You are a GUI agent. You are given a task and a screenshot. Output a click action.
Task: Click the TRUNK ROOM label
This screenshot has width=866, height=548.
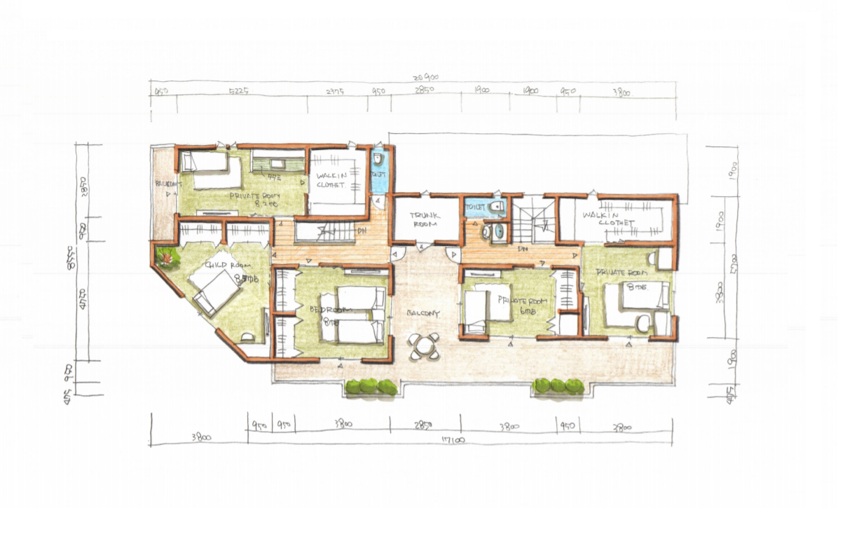pos(425,219)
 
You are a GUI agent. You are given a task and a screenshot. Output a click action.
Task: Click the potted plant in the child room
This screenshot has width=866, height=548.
pos(167,259)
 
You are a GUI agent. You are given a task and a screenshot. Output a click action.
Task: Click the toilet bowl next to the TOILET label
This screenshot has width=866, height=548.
pos(496,207)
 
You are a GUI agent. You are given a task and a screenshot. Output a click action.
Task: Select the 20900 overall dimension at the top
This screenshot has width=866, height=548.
pos(425,78)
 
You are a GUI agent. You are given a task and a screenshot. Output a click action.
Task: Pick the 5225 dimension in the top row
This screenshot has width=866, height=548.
pos(239,92)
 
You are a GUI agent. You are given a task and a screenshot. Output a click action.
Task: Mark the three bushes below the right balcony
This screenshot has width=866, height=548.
pos(558,385)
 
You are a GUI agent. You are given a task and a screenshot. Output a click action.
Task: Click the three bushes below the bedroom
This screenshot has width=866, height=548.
pos(371,386)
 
